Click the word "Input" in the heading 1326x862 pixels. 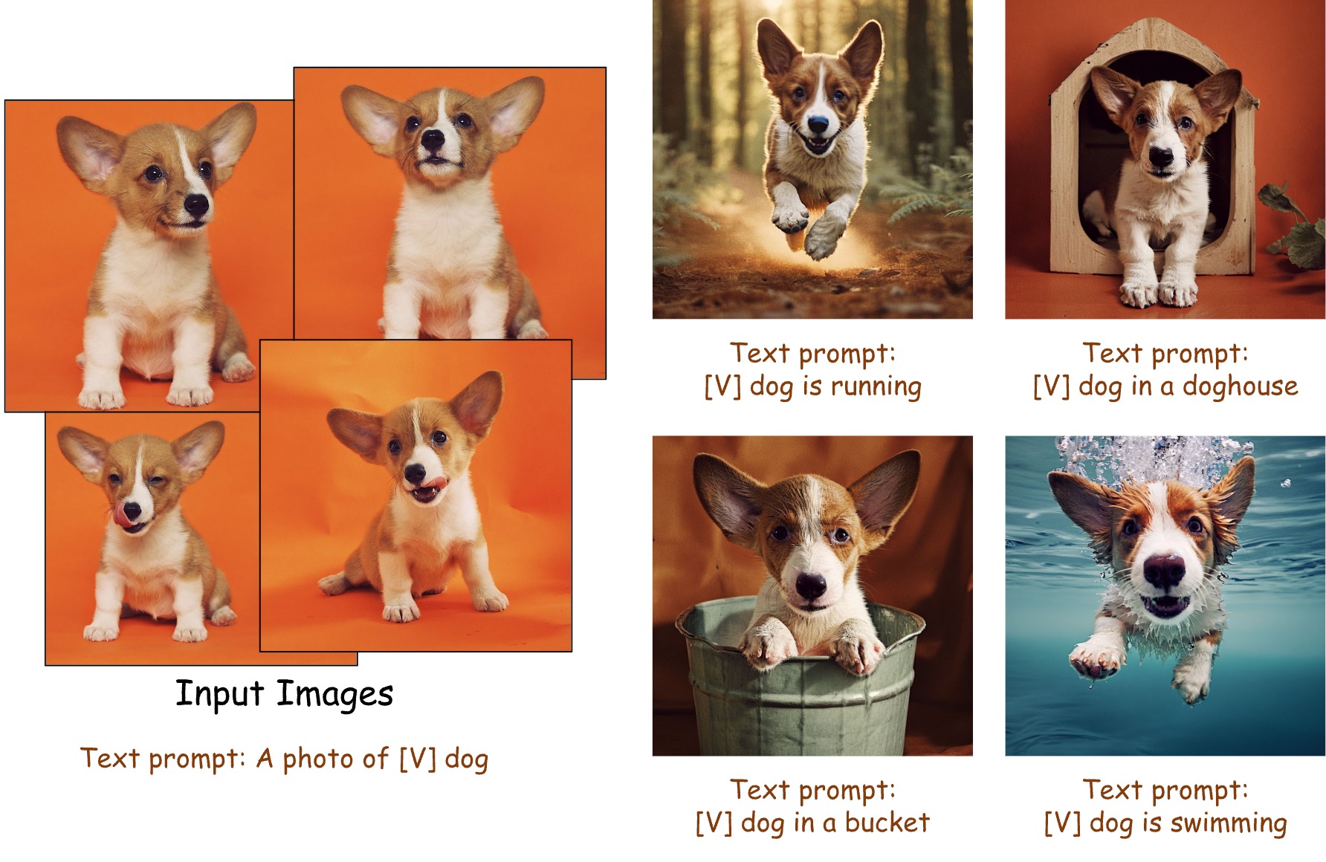pos(219,695)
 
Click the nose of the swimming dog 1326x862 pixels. pos(1164,571)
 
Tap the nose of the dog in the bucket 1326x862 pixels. pos(810,586)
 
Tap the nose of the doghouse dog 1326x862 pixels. pos(1160,157)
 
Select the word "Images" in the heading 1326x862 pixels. pos(334,695)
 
